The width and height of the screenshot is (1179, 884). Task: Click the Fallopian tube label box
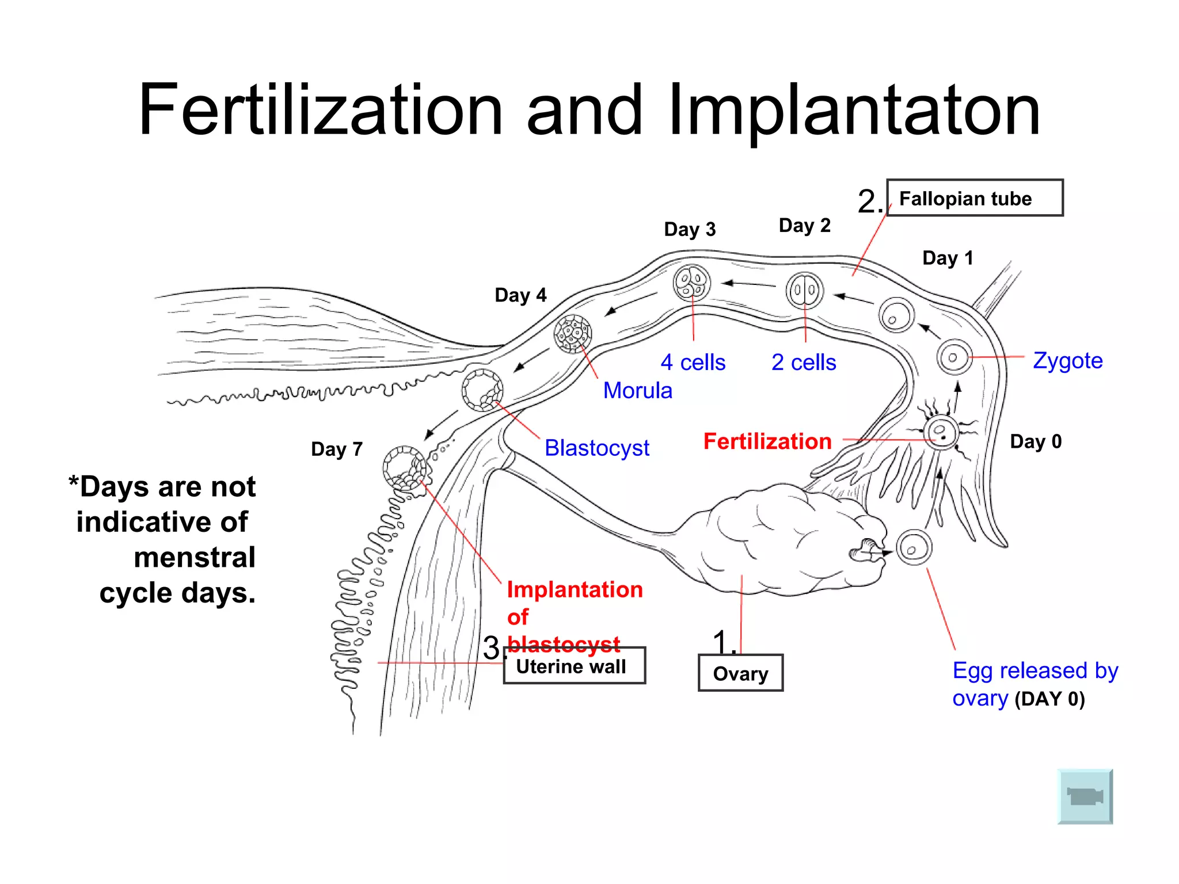[x=974, y=198]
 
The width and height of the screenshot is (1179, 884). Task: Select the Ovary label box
[x=740, y=673]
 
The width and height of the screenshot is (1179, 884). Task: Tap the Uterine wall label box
[x=574, y=666]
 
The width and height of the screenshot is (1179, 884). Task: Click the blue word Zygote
[x=1067, y=361]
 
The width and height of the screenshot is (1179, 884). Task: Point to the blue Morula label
[x=637, y=391]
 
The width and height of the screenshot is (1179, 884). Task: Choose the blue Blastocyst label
[x=596, y=448]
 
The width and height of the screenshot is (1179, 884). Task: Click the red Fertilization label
[x=767, y=441]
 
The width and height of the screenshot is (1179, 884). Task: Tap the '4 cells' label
[x=693, y=363]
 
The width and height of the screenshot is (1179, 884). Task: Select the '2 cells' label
[x=804, y=363]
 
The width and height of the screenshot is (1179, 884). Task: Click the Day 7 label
[x=337, y=449]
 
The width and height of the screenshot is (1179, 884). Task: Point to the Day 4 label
[x=520, y=295]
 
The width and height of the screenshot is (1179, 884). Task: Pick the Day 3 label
[x=690, y=229]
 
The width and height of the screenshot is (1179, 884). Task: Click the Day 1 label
[x=948, y=258]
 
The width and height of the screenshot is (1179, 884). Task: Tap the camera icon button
[x=1085, y=797]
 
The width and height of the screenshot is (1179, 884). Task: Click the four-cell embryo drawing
[x=691, y=283]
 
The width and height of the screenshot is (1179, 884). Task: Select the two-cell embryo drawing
[x=804, y=291]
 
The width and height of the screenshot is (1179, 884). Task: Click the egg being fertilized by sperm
[x=941, y=432]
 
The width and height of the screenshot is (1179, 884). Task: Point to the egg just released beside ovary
[x=914, y=547]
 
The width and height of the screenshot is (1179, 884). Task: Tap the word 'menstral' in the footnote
[x=195, y=557]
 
